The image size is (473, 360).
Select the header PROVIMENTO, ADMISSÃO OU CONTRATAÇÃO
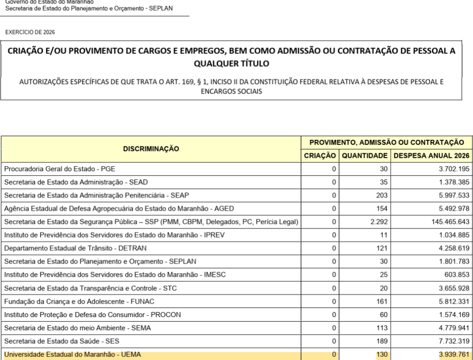387,143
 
